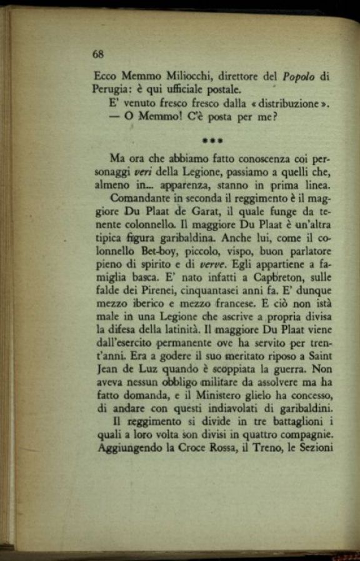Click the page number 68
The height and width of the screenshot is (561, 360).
(x=97, y=54)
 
